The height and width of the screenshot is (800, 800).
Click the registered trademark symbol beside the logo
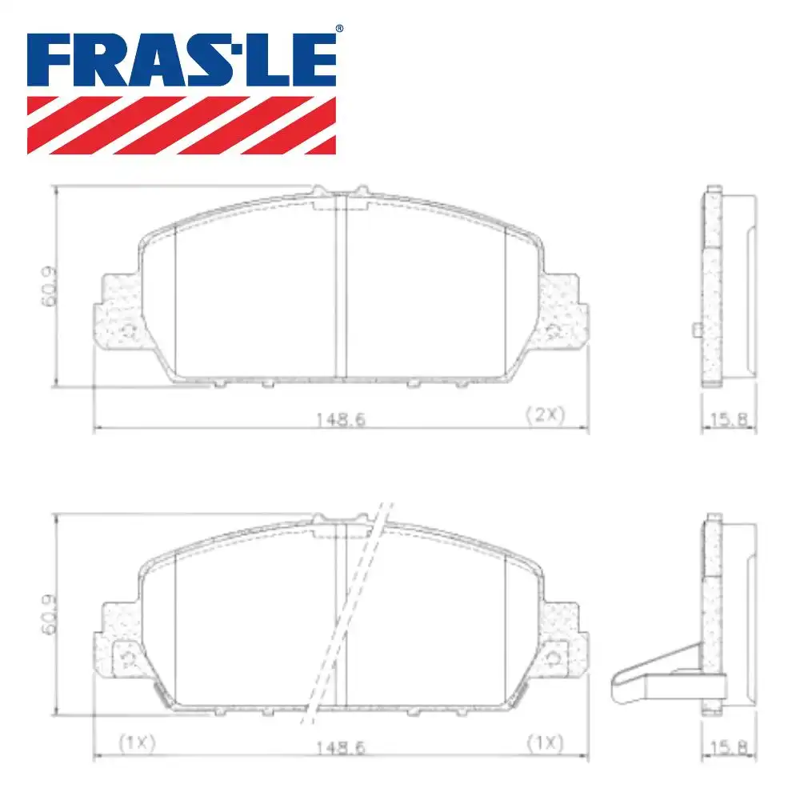[x=338, y=30]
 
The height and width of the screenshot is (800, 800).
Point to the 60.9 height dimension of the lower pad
[x=49, y=614]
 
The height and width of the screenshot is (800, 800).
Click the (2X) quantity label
[x=545, y=414]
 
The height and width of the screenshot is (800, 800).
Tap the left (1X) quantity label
[x=137, y=742]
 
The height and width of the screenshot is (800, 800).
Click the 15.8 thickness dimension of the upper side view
[x=727, y=418]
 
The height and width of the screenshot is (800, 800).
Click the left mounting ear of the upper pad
[x=118, y=312]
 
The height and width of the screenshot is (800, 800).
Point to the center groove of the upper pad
[x=340, y=288]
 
